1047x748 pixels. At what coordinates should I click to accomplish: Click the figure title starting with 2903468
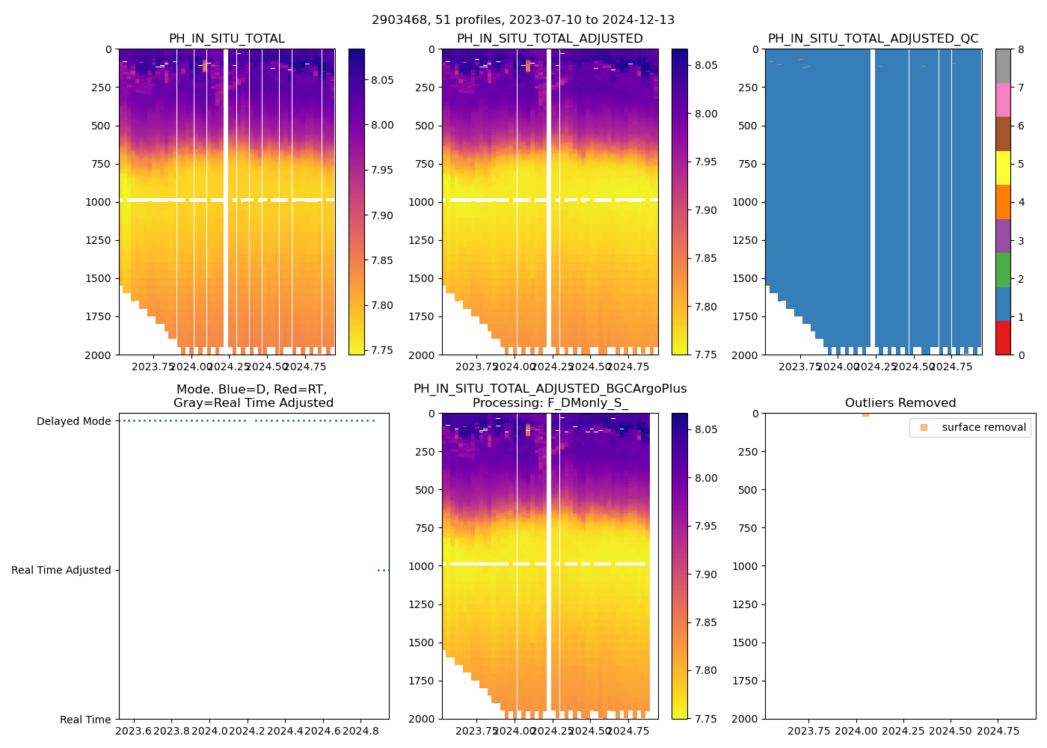tap(523, 20)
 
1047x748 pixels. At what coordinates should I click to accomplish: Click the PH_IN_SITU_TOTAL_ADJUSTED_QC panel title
tap(873, 39)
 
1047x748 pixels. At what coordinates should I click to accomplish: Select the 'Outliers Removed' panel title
tap(900, 403)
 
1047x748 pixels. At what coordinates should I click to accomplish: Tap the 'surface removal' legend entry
tap(983, 427)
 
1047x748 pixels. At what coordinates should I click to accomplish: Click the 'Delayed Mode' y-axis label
tap(73, 421)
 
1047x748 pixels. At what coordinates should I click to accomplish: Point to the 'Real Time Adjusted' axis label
tap(61, 570)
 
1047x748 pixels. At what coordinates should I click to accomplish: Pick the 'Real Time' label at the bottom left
tap(85, 720)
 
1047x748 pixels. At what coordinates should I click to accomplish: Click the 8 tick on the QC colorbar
tap(1020, 49)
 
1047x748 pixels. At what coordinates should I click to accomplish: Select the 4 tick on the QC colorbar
tap(1020, 203)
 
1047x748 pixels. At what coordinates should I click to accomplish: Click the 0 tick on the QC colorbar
tap(1020, 355)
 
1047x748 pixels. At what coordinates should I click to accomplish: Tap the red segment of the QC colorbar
tap(1003, 338)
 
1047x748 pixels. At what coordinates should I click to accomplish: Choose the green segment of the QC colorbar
tap(1003, 270)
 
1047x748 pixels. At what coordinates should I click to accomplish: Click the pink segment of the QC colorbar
tap(1003, 100)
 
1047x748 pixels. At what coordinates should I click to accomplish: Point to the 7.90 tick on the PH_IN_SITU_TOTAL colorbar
tap(383, 215)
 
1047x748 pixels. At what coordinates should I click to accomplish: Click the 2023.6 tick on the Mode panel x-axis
tap(134, 731)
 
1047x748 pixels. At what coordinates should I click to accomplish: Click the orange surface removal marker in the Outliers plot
tap(865, 414)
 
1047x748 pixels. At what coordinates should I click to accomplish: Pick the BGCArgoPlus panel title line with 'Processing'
tap(550, 403)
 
